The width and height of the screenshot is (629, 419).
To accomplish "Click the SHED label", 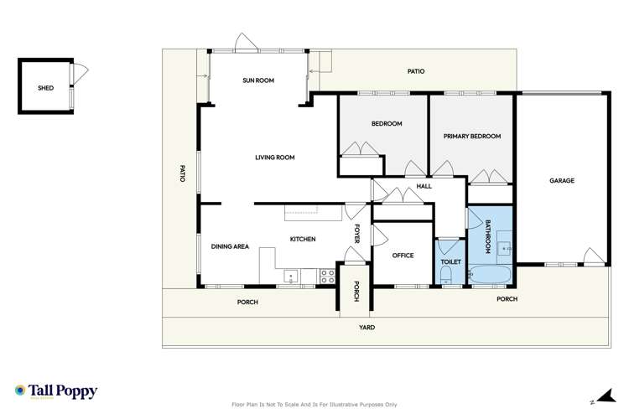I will pyautogui.click(x=44, y=86).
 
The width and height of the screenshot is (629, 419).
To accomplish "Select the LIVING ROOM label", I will pyautogui.click(x=275, y=157).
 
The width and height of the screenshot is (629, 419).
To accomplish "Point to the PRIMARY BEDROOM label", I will pyautogui.click(x=471, y=136).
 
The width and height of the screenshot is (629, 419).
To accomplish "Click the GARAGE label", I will pyautogui.click(x=562, y=180).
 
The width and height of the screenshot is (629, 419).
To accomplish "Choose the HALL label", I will pyautogui.click(x=424, y=186).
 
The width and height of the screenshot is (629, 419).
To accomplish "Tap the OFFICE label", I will pyautogui.click(x=403, y=255).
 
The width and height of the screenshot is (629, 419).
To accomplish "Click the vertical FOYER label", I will pyautogui.click(x=356, y=233).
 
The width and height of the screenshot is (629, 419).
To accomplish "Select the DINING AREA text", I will pyautogui.click(x=229, y=246).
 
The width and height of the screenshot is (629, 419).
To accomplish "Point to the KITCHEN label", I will pyautogui.click(x=302, y=240).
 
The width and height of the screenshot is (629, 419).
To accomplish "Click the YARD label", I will pyautogui.click(x=367, y=327).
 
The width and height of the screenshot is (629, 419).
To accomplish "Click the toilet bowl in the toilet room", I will pyautogui.click(x=448, y=276).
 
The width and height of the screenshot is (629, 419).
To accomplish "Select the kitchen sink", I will pyautogui.click(x=290, y=275).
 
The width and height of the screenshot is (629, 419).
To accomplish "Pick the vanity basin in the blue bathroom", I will pyautogui.click(x=504, y=248).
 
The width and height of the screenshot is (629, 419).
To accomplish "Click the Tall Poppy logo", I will pyautogui.click(x=55, y=391).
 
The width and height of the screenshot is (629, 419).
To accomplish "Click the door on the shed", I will pyautogui.click(x=76, y=72).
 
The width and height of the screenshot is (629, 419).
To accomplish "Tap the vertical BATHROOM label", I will pyautogui.click(x=487, y=236).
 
